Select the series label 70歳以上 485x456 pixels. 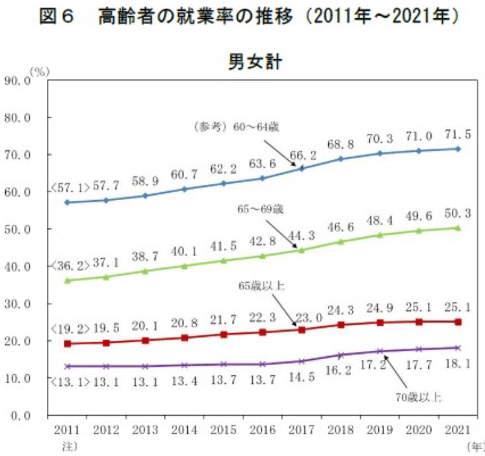click(x=419, y=396)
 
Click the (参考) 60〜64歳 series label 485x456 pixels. click(x=237, y=127)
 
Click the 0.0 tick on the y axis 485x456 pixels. click(x=20, y=415)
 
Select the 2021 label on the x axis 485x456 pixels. click(x=458, y=431)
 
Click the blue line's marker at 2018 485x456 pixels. click(x=341, y=158)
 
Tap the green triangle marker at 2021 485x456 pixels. click(x=458, y=227)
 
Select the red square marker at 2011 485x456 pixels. click(x=67, y=344)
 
